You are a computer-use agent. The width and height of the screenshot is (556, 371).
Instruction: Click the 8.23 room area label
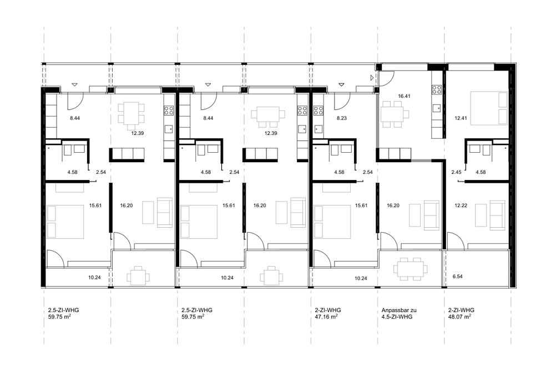coord(341,118)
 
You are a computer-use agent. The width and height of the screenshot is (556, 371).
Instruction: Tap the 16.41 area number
coord(404,96)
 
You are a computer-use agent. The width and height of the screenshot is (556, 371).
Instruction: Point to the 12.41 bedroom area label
coord(461,118)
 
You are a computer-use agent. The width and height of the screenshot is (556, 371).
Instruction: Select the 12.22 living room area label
coord(461,205)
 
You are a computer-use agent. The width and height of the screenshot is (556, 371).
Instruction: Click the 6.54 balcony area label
coord(457,276)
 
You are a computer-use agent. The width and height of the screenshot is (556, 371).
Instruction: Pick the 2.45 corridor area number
coord(456,172)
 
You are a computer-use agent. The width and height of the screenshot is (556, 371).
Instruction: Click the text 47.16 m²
coord(326,317)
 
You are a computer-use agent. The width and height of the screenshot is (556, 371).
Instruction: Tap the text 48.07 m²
coord(459,317)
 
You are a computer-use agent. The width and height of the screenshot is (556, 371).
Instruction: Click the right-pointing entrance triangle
coord(372,77)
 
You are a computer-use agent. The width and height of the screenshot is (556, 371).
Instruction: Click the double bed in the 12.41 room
coord(489,108)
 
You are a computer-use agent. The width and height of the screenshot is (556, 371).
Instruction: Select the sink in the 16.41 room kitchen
coord(437,108)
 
